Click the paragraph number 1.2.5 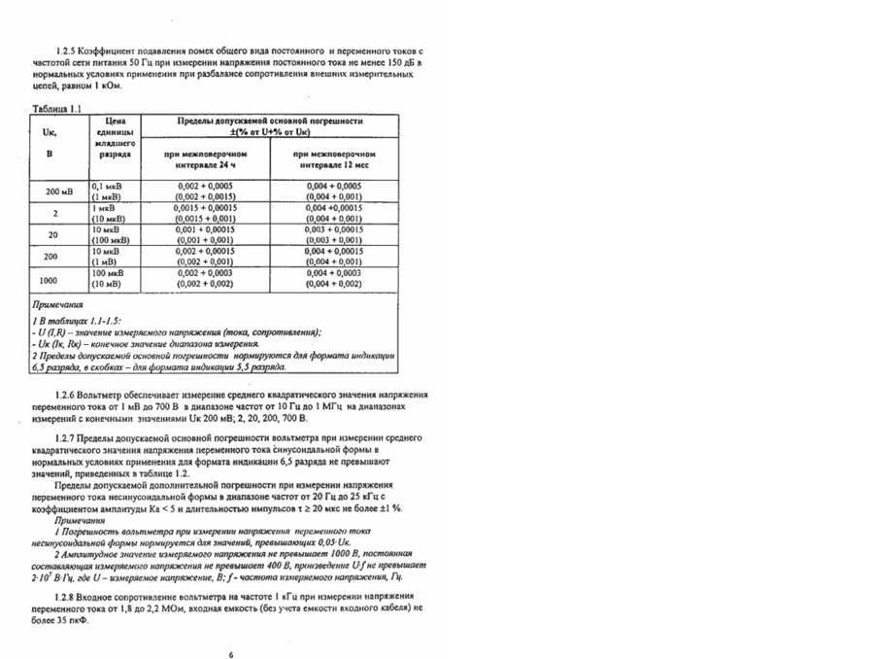point(68,49)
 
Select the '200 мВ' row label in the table point(60,191)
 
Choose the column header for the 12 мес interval point(334,160)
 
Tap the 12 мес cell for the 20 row point(334,234)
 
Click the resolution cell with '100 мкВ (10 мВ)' point(112,279)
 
